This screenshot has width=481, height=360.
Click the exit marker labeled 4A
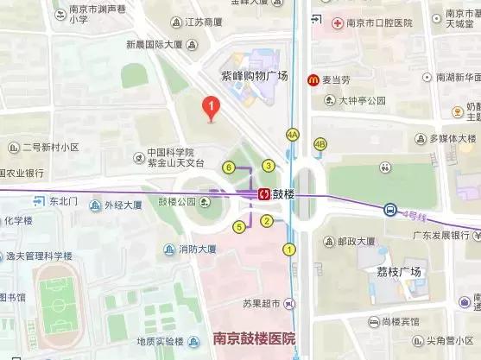tap(293, 135)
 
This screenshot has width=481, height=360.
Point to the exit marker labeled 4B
tap(320, 144)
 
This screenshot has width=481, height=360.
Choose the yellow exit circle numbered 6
tap(229, 167)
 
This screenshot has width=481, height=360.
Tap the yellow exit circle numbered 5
tap(239, 227)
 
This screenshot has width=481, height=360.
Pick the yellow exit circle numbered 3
tap(269, 166)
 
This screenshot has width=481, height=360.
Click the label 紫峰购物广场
tap(255, 75)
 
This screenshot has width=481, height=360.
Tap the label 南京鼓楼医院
tap(254, 338)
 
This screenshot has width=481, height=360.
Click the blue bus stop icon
tap(390, 209)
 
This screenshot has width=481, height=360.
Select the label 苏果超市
tap(263, 304)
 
